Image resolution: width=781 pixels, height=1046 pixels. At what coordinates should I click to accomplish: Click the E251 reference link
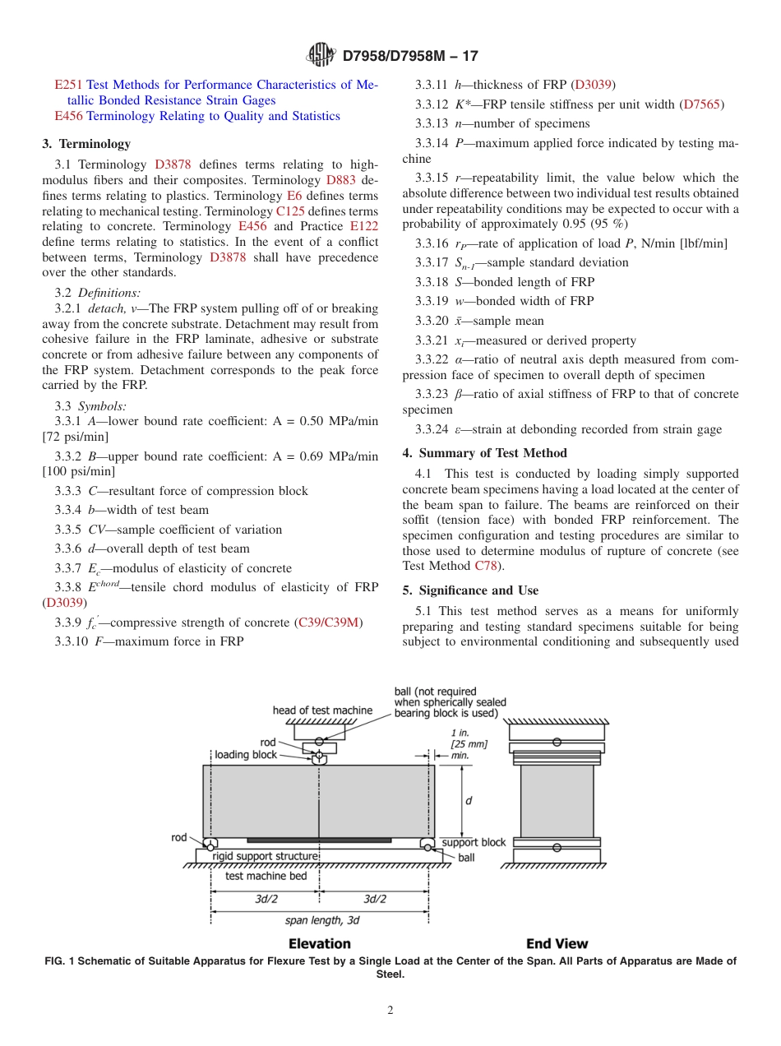pos(68,85)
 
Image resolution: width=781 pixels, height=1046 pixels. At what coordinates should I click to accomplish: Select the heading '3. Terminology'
pos(86,144)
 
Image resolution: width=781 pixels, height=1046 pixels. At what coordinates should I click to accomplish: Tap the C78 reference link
pos(485,566)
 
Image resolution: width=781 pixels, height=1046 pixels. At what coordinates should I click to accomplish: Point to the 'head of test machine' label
pos(322,710)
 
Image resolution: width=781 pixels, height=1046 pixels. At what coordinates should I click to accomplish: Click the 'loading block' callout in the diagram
pos(246,755)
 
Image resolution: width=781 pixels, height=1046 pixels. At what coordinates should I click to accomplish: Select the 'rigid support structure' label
pos(265,856)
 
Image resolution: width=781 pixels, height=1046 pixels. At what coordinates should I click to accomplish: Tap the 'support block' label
pos(474,843)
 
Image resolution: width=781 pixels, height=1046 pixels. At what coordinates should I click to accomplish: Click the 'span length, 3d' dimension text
pos(322,920)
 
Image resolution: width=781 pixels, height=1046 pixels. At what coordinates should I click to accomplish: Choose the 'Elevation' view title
pos(319,944)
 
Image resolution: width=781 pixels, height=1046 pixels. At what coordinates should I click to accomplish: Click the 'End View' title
pos(557,944)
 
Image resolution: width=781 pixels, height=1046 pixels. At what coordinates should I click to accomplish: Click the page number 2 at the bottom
pos(390,1011)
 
